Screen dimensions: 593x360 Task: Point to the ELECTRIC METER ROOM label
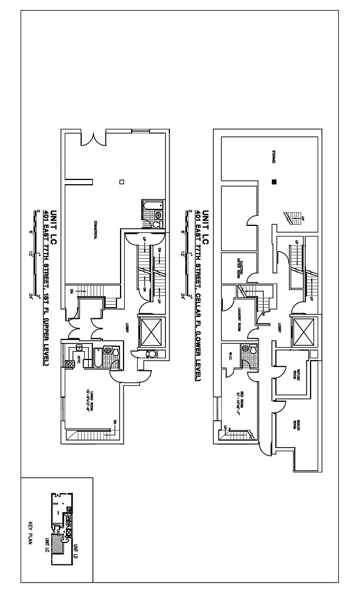coord(239,268)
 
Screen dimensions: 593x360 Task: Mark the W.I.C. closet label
coord(231,354)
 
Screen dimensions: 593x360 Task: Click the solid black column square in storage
coord(274,182)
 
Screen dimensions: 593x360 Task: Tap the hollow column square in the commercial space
coord(121,182)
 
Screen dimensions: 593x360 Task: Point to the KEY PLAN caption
coord(32,532)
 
